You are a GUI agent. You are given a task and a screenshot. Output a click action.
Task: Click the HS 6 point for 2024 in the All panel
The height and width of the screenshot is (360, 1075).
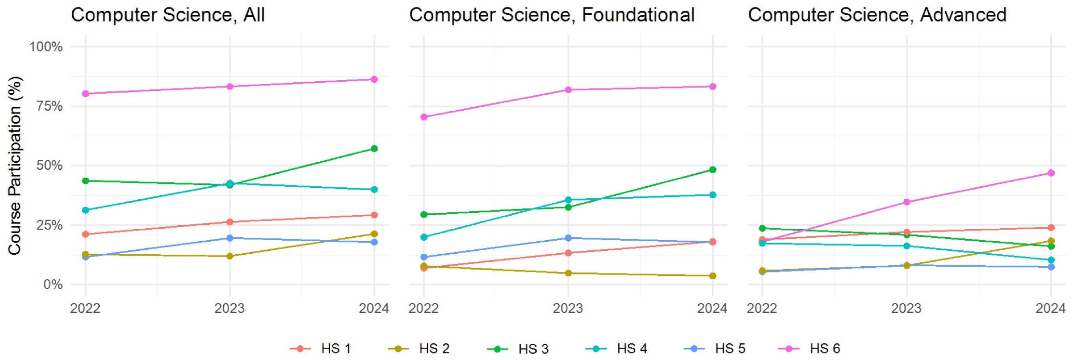coord(374,79)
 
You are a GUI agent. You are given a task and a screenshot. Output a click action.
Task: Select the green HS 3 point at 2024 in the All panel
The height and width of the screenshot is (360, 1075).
coord(374,148)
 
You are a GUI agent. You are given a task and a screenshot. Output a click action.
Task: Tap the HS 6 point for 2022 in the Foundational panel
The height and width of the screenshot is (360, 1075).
coord(424,117)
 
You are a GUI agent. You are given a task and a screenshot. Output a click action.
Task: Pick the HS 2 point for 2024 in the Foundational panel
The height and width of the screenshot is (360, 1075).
coord(712,276)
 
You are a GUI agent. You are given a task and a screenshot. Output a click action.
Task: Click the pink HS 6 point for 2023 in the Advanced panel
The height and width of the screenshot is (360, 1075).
coord(906,202)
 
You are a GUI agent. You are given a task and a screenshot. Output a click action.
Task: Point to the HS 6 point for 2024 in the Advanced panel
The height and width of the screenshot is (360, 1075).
coord(1051,173)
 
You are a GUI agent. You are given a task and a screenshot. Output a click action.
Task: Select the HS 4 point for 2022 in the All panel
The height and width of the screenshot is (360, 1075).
coord(85,210)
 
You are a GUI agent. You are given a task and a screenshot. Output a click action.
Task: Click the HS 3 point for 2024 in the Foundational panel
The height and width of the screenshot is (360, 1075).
coord(712,170)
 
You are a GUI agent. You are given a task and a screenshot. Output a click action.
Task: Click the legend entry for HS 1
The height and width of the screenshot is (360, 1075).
coord(335,348)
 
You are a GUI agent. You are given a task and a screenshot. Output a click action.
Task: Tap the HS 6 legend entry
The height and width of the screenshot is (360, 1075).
coord(825,348)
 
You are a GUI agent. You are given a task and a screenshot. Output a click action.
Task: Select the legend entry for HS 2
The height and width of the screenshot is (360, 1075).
coord(434,348)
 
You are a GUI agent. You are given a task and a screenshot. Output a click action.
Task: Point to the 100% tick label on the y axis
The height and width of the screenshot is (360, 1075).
coord(46,47)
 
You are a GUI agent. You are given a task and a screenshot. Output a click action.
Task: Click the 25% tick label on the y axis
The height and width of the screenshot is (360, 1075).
coord(49,225)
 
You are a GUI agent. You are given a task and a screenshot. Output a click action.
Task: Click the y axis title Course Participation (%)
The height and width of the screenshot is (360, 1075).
coord(15,166)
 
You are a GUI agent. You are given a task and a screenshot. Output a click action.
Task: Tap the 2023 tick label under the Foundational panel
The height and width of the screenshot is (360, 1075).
coord(568,308)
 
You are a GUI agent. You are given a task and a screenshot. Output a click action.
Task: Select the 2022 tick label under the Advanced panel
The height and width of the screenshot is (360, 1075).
coord(762,308)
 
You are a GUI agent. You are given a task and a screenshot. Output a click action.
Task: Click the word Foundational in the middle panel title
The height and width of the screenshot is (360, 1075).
coord(638,15)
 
